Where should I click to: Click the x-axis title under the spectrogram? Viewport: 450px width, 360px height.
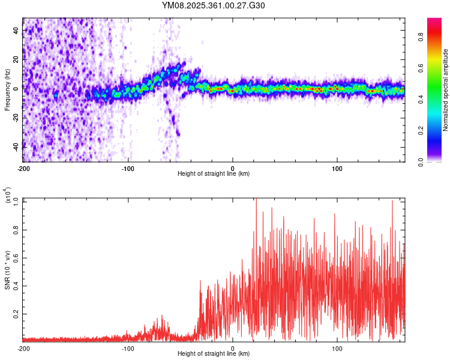[214, 173]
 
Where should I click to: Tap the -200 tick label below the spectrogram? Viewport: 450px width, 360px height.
[23, 168]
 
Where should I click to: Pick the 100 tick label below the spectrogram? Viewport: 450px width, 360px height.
[337, 168]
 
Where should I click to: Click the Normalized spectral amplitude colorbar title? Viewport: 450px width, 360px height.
[446, 90]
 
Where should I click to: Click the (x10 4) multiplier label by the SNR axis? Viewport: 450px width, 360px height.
[8, 196]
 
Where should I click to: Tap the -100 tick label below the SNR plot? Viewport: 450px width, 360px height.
[128, 348]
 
